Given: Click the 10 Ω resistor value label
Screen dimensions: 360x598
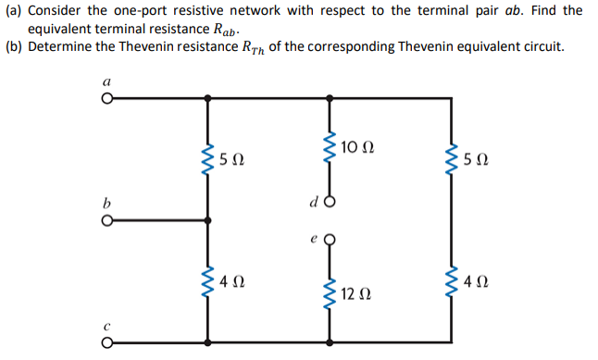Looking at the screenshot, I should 358,147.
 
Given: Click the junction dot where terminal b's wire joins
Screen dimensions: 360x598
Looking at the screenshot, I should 208,220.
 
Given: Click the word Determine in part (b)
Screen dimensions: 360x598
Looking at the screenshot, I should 60,46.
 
